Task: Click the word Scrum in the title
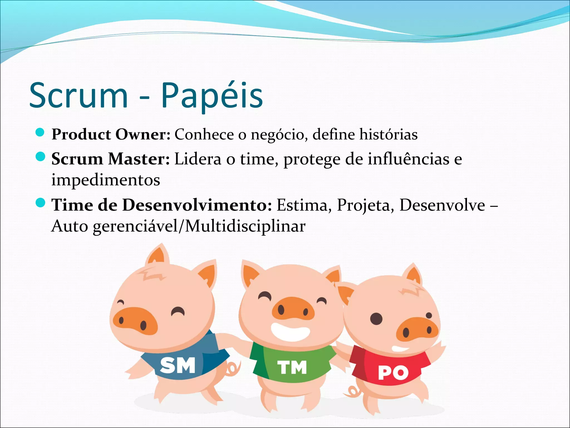[78, 96]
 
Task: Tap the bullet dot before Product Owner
[40, 133]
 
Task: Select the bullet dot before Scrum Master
[40, 157]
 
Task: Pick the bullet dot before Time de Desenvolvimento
[40, 203]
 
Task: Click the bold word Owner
[143, 135]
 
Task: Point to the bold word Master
[139, 159]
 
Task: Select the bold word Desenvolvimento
[197, 205]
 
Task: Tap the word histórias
[388, 135]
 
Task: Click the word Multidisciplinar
[245, 226]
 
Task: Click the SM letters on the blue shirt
[178, 365]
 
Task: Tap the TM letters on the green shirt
[292, 367]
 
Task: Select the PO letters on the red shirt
[393, 373]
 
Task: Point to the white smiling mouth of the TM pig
[290, 331]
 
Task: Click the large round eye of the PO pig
[376, 319]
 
